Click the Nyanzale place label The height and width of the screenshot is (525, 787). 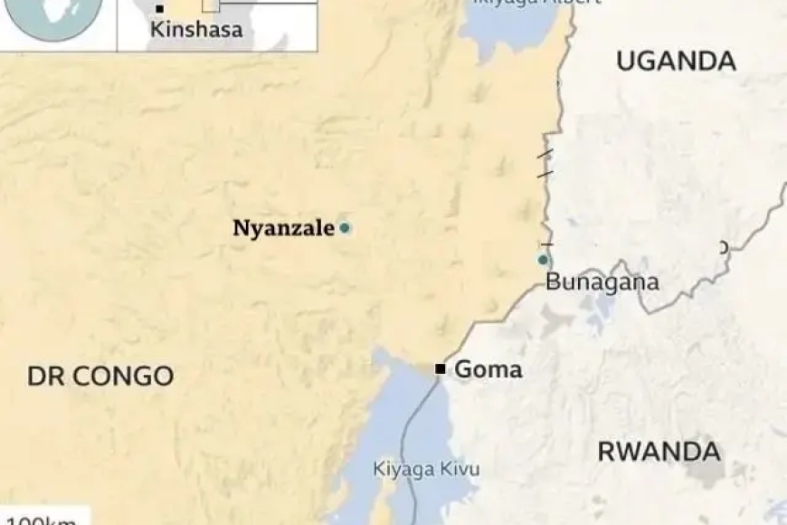(283, 228)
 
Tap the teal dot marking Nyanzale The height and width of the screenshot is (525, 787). (345, 228)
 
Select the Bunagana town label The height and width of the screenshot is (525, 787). (602, 282)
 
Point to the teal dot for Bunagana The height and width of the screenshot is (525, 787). (543, 260)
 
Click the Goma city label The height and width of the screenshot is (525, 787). (488, 369)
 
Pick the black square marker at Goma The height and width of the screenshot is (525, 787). (441, 368)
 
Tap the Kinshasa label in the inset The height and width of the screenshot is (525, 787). (196, 30)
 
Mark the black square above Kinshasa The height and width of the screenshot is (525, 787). (160, 9)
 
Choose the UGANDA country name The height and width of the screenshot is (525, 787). (676, 62)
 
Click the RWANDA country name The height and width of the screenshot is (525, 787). (659, 451)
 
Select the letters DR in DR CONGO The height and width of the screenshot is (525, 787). (45, 377)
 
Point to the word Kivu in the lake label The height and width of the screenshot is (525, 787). (460, 469)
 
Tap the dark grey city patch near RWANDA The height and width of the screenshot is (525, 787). (705, 471)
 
